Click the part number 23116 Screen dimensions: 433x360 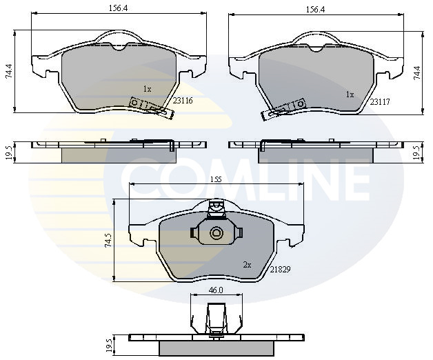[183, 101]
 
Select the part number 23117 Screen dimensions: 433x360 [380, 102]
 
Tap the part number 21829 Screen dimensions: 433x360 [281, 270]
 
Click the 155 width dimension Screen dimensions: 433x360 [216, 179]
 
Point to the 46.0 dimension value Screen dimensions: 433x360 [216, 290]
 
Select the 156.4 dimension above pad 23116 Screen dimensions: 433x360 [118, 8]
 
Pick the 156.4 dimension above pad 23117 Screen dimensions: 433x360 [316, 10]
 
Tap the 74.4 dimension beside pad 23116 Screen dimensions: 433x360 [9, 71]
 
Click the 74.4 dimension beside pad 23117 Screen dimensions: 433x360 [416, 73]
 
